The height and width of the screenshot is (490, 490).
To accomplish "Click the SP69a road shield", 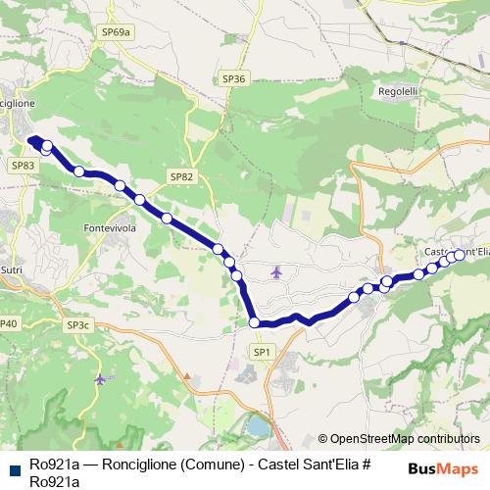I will [x=116, y=32].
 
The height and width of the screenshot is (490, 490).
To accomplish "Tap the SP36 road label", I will [x=233, y=77].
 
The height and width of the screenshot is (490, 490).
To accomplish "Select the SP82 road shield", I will [x=181, y=176].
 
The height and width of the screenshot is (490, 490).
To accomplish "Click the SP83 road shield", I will [x=24, y=167].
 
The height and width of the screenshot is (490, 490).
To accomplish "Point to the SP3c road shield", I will [x=79, y=324].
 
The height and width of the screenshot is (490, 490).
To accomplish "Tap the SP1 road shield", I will [x=261, y=351].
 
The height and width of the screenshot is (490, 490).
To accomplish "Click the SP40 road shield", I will [x=8, y=323].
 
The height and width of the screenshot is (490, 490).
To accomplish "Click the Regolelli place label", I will [x=398, y=91].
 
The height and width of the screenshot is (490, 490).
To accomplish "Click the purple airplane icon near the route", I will [x=277, y=271].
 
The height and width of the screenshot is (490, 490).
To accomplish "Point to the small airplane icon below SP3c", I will [x=100, y=378].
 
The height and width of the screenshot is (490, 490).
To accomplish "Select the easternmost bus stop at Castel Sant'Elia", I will [x=459, y=255].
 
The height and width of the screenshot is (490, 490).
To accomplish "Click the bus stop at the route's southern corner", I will [x=254, y=322].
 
